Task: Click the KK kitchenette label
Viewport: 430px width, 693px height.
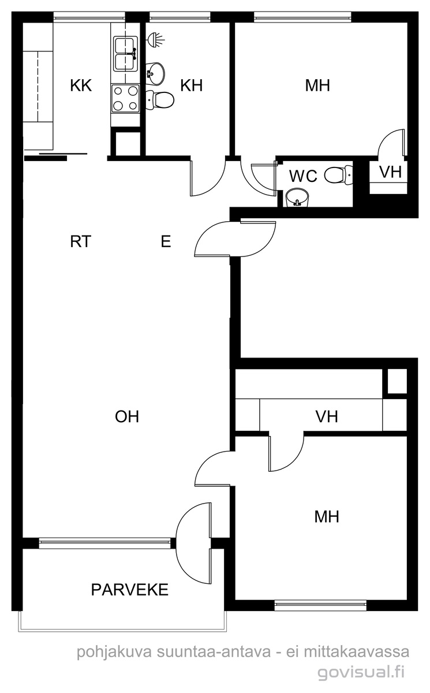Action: [x=81, y=85]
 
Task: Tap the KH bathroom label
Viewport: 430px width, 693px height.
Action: [x=192, y=85]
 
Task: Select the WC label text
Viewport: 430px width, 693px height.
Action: [x=303, y=176]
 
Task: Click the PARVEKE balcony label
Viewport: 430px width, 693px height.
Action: [x=129, y=590]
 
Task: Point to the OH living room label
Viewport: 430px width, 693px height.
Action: [x=127, y=416]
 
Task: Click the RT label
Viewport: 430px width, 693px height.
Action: [x=81, y=241]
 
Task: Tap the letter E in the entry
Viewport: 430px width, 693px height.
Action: [x=166, y=241]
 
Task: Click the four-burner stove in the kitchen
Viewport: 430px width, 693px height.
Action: [x=125, y=98]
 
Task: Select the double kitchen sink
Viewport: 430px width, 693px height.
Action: [x=125, y=54]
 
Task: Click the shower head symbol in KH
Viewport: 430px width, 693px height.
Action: [x=155, y=39]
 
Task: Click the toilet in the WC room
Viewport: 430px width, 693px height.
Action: [x=338, y=176]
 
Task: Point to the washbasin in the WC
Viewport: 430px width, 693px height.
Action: [x=297, y=198]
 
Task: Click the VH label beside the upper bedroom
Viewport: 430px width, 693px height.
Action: [x=391, y=172]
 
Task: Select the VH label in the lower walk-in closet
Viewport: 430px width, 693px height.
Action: [x=327, y=416]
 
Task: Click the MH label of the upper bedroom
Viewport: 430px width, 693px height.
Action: [x=317, y=85]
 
